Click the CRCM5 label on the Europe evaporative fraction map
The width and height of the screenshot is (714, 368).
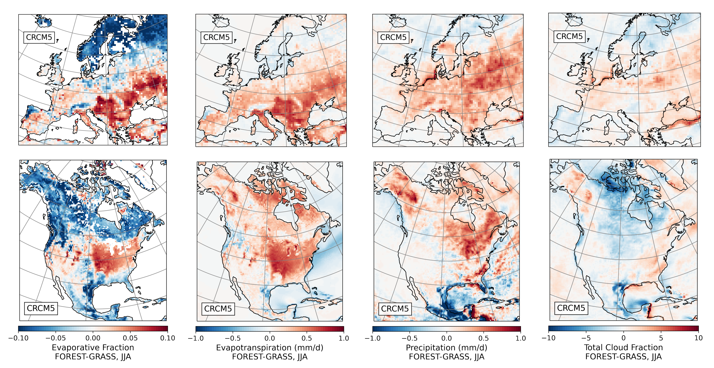pos(39,37)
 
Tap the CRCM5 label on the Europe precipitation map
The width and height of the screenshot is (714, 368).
pos(393,37)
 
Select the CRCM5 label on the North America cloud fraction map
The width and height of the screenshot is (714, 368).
pos(571,308)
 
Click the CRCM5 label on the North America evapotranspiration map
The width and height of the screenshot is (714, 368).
pos(218,309)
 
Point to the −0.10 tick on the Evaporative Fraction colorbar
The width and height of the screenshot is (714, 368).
pos(18,338)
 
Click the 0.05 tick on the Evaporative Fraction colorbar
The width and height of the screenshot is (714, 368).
pos(130,338)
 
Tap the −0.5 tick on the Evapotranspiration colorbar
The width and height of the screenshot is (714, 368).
pos(233,338)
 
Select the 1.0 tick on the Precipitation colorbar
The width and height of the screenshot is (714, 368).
pos(520,338)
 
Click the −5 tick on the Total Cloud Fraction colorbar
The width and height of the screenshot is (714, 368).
pos(586,338)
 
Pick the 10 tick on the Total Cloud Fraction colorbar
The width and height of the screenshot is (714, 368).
pos(698,338)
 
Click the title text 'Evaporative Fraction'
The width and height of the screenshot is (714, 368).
pos(93,347)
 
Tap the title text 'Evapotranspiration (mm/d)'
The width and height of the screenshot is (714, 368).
pos(270,347)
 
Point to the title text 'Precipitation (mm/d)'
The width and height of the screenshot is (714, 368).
pos(447,347)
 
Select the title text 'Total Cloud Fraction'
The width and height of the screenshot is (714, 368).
pos(623,347)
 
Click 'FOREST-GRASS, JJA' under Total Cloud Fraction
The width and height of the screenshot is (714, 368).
pos(623,357)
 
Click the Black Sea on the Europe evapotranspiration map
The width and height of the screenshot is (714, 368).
pos(329,115)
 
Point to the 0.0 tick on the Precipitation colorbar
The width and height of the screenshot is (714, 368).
pos(447,338)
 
